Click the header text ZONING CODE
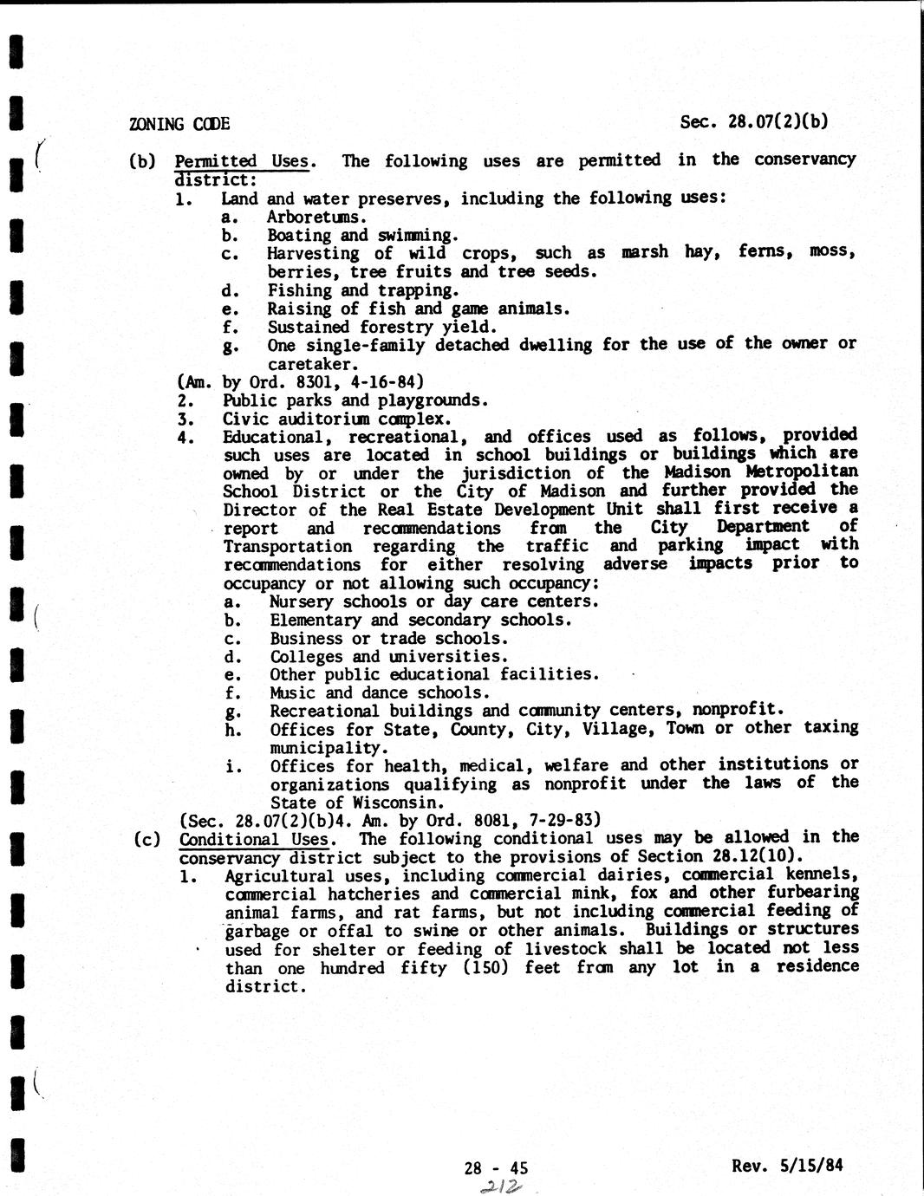click(x=179, y=123)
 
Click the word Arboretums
click(x=316, y=217)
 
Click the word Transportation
click(x=288, y=546)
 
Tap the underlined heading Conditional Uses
click(x=255, y=839)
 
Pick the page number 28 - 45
click(x=496, y=1167)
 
